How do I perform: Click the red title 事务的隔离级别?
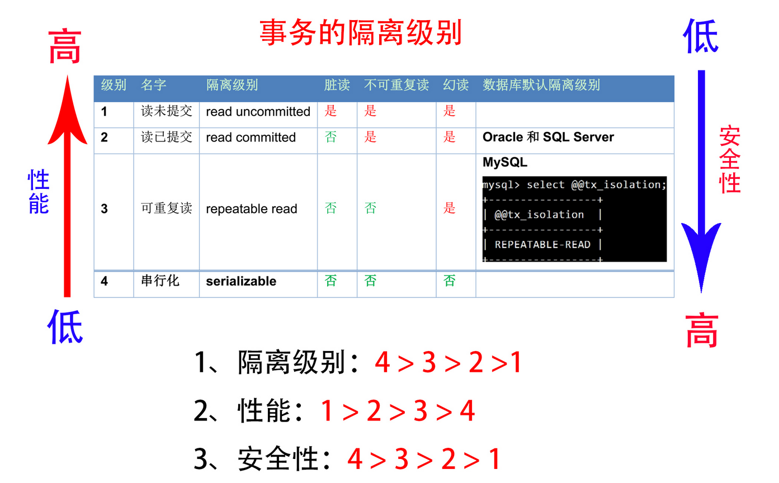tap(361, 33)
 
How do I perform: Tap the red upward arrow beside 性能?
tap(67, 184)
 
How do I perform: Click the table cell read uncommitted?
tap(258, 112)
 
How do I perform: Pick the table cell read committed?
tap(251, 138)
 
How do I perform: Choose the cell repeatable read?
tap(252, 209)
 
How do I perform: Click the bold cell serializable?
tap(241, 281)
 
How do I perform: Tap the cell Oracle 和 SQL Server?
tap(548, 138)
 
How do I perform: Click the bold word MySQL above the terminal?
tap(504, 163)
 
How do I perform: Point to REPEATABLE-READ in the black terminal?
tap(542, 244)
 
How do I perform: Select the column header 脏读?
tap(337, 85)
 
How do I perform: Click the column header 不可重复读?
tap(396, 85)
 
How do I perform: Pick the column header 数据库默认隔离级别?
tap(541, 85)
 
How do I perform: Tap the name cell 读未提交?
tap(166, 111)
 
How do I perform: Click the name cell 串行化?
tap(160, 281)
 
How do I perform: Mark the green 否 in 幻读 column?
tap(450, 281)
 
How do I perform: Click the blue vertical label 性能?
tap(39, 192)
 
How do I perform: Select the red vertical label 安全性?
tap(730, 159)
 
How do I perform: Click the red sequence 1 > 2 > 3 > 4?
tap(398, 412)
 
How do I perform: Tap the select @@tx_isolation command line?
tap(574, 185)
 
